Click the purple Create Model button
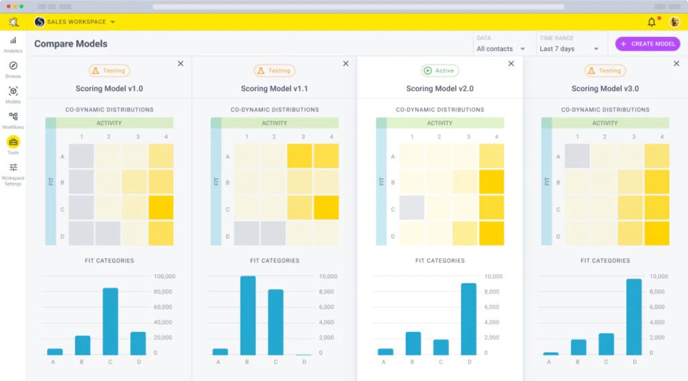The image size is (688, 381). coord(648,44)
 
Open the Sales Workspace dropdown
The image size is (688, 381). coord(75,22)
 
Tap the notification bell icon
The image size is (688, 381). coord(651,22)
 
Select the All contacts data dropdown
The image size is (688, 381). coord(501,48)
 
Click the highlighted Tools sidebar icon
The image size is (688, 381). coord(13,142)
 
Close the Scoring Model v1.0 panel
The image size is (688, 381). coord(180,63)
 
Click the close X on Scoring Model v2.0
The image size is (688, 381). coord(511,63)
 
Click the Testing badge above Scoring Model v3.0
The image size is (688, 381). coord(605,71)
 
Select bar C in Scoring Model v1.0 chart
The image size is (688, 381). coord(110,321)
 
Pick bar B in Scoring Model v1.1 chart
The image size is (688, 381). coord(248,315)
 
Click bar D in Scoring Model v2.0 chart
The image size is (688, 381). coord(468,319)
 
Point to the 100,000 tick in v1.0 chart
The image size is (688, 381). coord(165,276)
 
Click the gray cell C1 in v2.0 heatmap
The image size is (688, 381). coord(412,208)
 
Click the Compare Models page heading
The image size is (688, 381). coord(71,44)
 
